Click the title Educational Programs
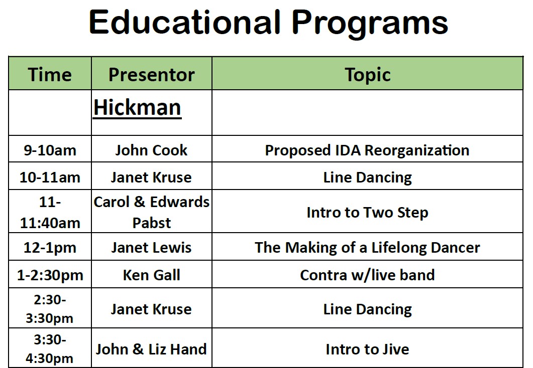[269, 23]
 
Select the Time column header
[50, 75]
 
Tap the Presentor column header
[152, 75]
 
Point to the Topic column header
[367, 75]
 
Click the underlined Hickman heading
[137, 108]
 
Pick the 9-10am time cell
[50, 150]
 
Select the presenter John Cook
[152, 150]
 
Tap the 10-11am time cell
[50, 177]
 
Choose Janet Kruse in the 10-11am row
[152, 177]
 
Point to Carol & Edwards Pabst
[152, 212]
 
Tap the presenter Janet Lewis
[152, 248]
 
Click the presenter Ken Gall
[152, 275]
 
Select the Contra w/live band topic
[367, 275]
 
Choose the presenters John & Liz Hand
[152, 349]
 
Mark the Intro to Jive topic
[367, 349]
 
